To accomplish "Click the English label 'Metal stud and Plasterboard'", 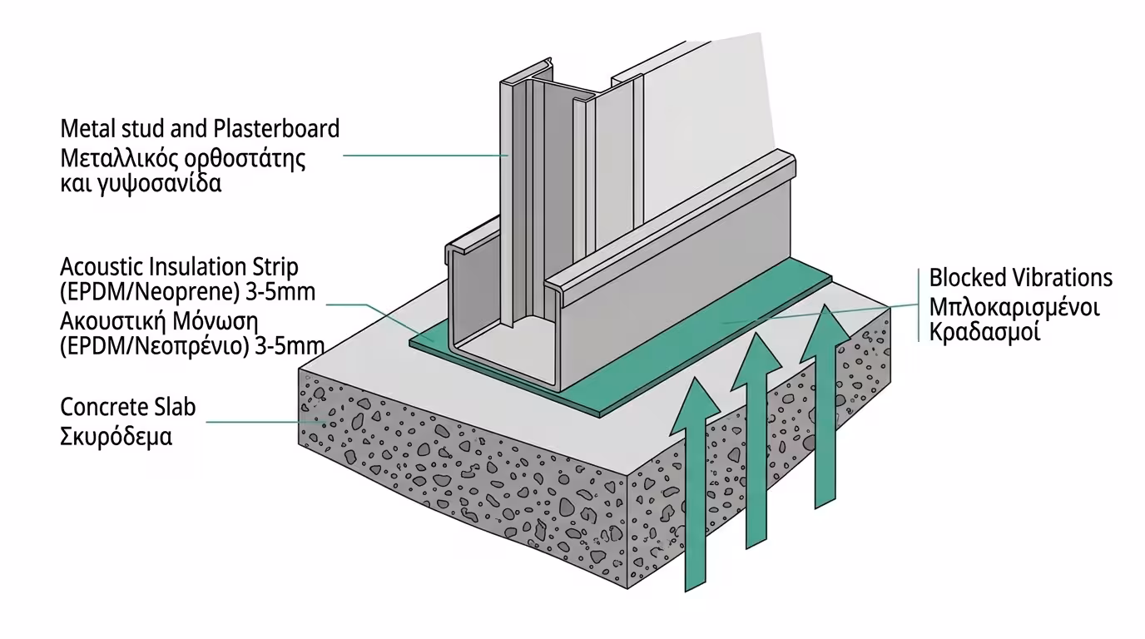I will (x=200, y=129).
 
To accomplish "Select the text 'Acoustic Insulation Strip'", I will (x=179, y=267).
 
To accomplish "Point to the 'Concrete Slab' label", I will (x=128, y=408).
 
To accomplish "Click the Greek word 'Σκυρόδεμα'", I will (x=116, y=436).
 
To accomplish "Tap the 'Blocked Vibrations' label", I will (x=1020, y=277).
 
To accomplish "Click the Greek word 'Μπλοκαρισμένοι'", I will (x=1014, y=305).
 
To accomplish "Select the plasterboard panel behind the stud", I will (x=707, y=108).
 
